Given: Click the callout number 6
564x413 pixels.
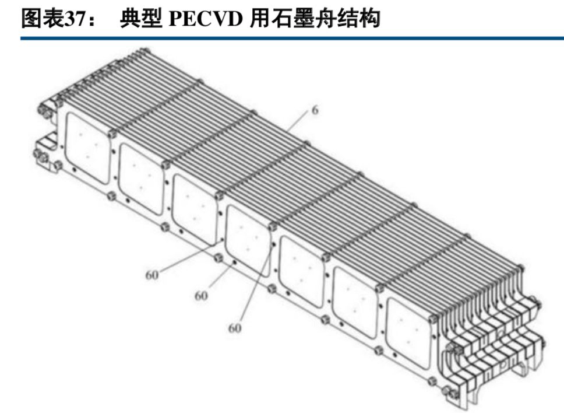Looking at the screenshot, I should point(315,109).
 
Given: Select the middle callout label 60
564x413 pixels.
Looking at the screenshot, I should point(200,296).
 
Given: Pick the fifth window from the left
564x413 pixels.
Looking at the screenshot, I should point(302,268).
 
